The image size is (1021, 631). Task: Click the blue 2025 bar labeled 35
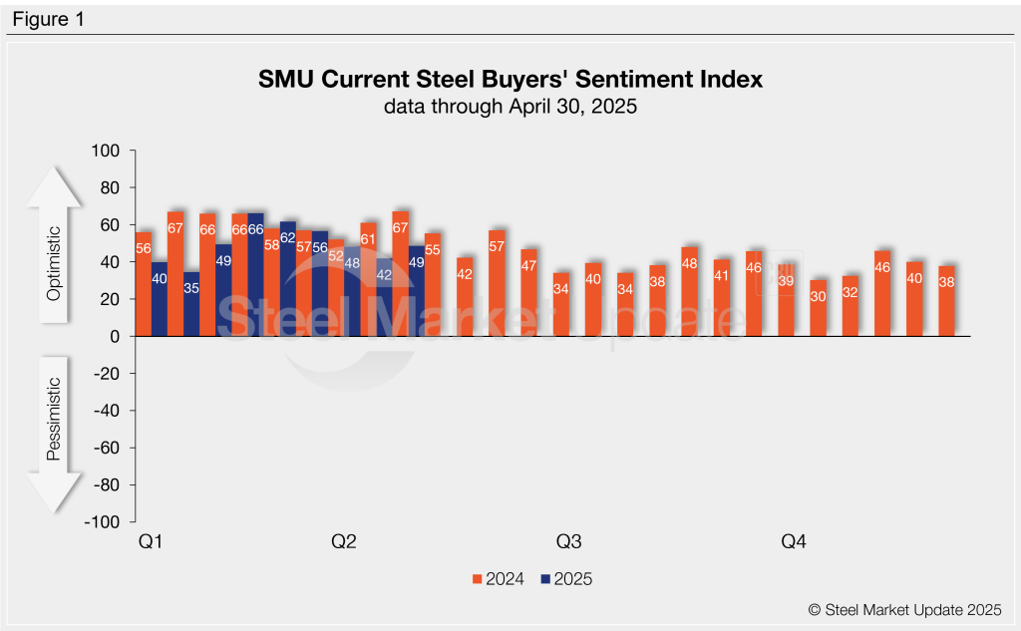(x=191, y=304)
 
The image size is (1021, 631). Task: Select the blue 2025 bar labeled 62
(x=288, y=279)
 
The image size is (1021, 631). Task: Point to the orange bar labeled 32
(x=851, y=307)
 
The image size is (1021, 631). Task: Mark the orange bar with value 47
(x=528, y=293)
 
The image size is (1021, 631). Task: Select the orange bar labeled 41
(x=722, y=298)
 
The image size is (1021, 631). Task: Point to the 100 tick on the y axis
(x=106, y=151)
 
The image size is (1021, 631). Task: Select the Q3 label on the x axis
(x=568, y=542)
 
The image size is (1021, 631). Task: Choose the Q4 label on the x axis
(x=793, y=542)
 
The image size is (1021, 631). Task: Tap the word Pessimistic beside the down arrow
(x=54, y=419)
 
